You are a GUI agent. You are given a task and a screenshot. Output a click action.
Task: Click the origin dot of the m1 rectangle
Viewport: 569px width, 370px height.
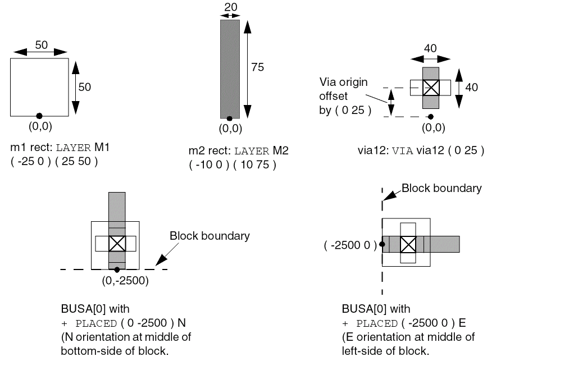coord(39,116)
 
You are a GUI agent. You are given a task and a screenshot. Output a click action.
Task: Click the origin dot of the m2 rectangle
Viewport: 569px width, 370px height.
coord(229,118)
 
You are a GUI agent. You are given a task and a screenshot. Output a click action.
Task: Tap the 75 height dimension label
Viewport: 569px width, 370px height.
coord(257,67)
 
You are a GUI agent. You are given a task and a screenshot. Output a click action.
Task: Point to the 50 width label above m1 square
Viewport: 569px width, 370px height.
coord(41,45)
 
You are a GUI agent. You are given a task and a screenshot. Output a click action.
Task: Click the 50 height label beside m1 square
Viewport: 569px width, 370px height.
coord(84,87)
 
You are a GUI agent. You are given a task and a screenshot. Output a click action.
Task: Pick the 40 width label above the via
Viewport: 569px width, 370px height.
coord(430,49)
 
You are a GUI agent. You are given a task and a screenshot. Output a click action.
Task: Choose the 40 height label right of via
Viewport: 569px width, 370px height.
coord(472,88)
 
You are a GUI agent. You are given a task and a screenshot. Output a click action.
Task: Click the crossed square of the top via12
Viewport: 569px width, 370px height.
coord(430,88)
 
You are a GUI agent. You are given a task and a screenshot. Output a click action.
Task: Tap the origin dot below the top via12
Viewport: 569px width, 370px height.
coord(430,116)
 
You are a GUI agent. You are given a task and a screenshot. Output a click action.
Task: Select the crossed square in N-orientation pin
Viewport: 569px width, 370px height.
coord(116,244)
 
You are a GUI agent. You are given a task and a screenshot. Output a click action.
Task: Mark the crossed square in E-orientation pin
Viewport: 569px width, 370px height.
coord(408,244)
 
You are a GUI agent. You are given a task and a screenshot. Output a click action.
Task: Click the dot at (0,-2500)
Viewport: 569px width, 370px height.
coord(117,269)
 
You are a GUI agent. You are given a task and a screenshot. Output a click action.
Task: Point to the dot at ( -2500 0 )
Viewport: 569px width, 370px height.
coord(382,244)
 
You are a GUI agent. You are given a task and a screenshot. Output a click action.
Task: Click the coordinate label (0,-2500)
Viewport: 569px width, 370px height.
coord(125,281)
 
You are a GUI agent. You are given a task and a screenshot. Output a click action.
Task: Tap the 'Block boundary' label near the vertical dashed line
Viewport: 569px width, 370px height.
coord(441,188)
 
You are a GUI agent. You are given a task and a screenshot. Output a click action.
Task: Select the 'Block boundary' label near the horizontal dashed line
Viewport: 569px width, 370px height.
coord(210,236)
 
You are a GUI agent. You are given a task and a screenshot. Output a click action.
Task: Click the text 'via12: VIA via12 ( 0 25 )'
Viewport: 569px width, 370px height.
coord(421,150)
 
